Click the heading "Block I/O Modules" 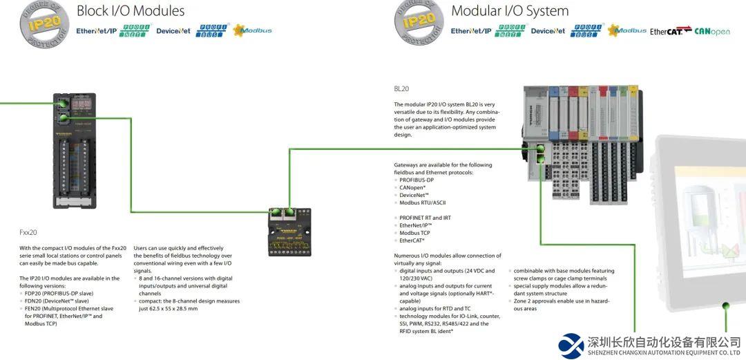pyautogui.click(x=131, y=11)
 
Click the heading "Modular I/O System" pyautogui.click(x=510, y=11)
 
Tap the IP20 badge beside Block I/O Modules pyautogui.click(x=44, y=22)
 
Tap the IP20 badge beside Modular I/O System pyautogui.click(x=419, y=22)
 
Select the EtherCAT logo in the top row pyautogui.click(x=670, y=31)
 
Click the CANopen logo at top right pyautogui.click(x=712, y=31)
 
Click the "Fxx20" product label pyautogui.click(x=28, y=233)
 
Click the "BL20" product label pyautogui.click(x=401, y=89)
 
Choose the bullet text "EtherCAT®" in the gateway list pyautogui.click(x=412, y=240)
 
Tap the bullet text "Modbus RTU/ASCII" pyautogui.click(x=422, y=202)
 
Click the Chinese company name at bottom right pyautogui.click(x=664, y=342)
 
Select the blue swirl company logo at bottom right pyautogui.click(x=571, y=345)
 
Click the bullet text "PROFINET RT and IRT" pyautogui.click(x=425, y=218)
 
